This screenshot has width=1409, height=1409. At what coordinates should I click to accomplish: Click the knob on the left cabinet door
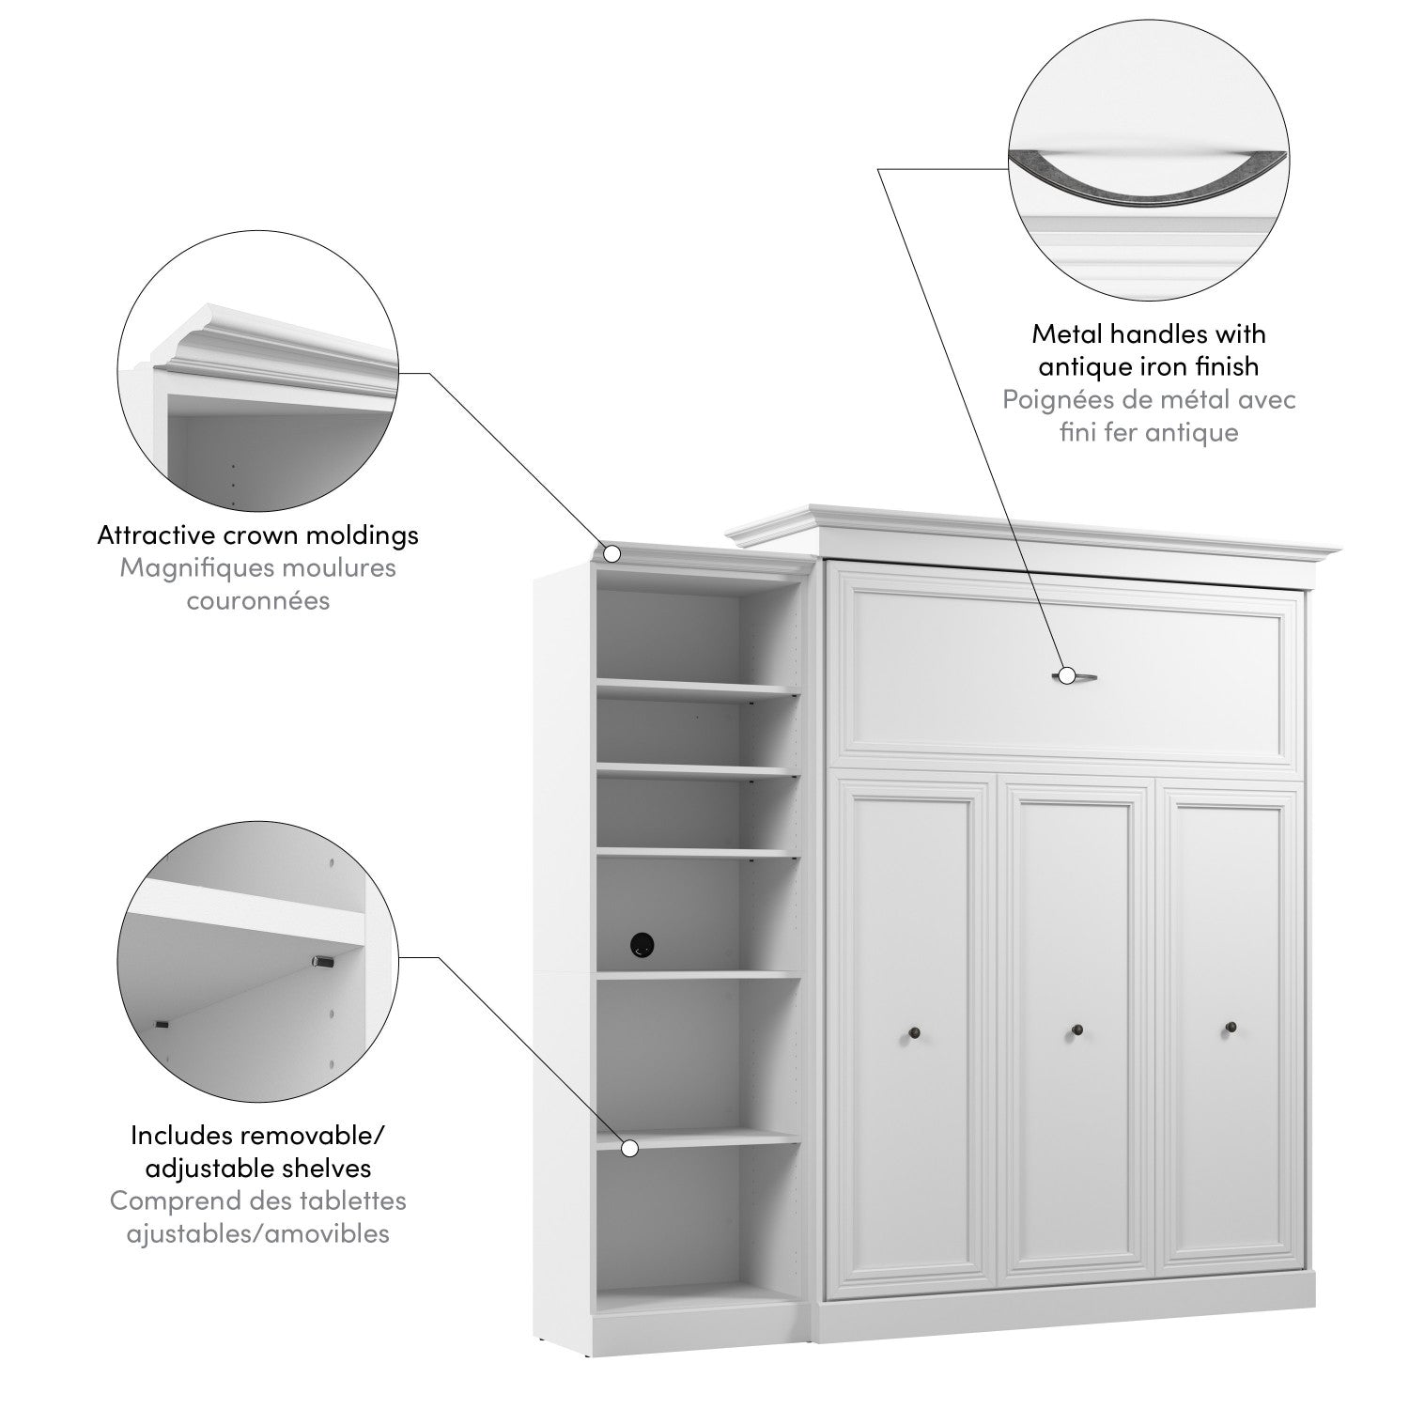click(x=912, y=1034)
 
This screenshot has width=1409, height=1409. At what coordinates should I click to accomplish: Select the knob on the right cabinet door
click(x=1231, y=1029)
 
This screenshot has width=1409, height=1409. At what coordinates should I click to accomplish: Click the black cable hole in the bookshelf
click(x=643, y=943)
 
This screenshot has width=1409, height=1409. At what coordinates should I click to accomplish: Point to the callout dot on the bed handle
click(x=1066, y=674)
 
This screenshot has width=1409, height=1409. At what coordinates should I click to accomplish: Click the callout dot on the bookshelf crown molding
click(x=612, y=553)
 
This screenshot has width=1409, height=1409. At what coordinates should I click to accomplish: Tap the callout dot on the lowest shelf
click(x=630, y=1147)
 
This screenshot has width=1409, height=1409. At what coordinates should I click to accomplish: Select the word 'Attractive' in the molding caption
click(x=155, y=535)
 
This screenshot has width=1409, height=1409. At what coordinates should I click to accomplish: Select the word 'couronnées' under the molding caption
click(x=258, y=601)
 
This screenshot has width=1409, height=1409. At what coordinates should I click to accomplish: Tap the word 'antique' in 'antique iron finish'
click(x=1083, y=366)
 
